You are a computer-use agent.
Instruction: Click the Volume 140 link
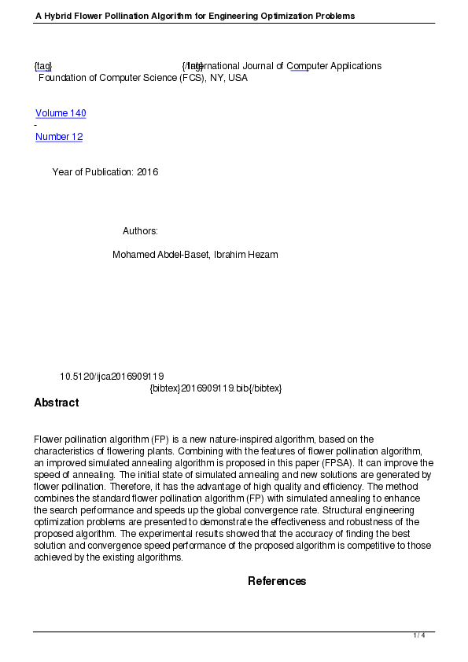click(x=61, y=113)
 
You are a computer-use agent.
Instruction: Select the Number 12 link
click(x=59, y=137)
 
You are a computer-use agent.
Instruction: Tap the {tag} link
click(x=42, y=66)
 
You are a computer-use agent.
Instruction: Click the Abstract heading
click(x=56, y=403)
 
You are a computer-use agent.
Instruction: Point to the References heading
click(x=277, y=581)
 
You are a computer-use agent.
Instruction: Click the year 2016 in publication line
click(x=147, y=172)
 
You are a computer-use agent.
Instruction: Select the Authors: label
click(x=140, y=231)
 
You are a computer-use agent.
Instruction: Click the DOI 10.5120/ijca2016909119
click(x=112, y=377)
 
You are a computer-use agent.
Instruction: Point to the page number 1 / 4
click(x=419, y=635)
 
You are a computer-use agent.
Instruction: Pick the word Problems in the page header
click(x=334, y=16)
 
